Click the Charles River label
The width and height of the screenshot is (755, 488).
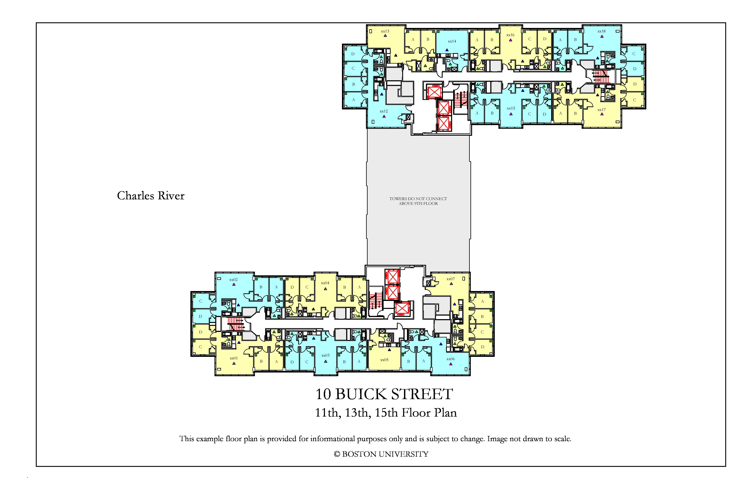[x=151, y=195]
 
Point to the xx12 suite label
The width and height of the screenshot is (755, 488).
[x=384, y=111]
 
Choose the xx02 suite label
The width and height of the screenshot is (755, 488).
[x=233, y=279]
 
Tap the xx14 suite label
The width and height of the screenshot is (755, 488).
[x=452, y=41]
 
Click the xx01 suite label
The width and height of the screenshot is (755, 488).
[x=234, y=358]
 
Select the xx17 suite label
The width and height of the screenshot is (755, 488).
[x=601, y=110]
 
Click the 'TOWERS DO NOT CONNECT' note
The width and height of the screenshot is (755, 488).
[x=418, y=199]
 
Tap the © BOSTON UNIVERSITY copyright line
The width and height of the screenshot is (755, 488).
[x=381, y=454]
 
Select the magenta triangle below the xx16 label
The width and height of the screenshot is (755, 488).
[x=510, y=40]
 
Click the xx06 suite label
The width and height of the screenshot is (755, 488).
[x=450, y=359]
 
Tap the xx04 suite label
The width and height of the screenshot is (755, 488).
[x=325, y=283]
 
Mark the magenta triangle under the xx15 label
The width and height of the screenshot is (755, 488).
[x=511, y=114]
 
